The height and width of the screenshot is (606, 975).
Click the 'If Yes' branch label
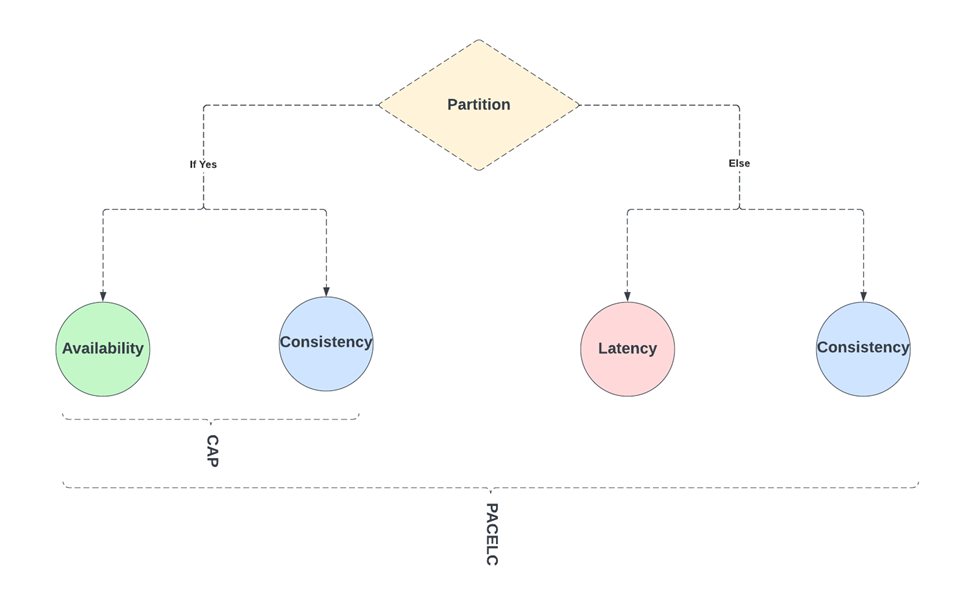coord(203,164)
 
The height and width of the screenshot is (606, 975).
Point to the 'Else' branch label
coord(739,163)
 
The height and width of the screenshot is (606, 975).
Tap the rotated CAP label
coord(212,451)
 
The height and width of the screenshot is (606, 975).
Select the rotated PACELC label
coord(491,534)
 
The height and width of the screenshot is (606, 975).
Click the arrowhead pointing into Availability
coord(103,296)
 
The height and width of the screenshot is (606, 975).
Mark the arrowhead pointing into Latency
coord(627,296)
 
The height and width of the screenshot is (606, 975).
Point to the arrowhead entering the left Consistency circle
coord(326,291)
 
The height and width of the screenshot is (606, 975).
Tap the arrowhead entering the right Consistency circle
coord(863,296)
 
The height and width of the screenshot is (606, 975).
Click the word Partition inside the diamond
coord(478,105)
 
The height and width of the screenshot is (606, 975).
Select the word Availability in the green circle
coord(103,349)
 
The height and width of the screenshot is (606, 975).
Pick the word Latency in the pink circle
coord(627,349)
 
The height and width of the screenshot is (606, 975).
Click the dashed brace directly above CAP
coord(210,419)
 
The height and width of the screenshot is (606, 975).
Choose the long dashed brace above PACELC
coord(490,487)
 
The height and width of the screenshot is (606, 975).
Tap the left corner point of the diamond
coord(379,105)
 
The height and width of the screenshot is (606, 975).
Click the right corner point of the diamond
coord(579,105)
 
